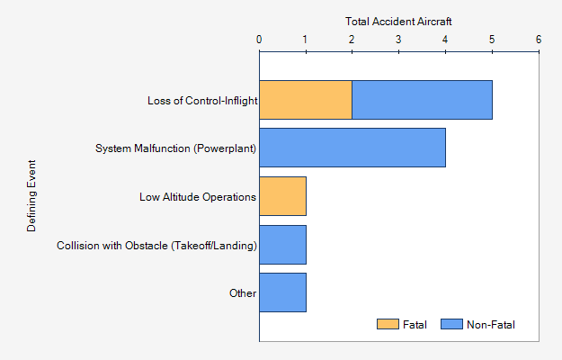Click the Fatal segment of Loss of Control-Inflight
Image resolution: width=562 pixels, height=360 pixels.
coord(306,100)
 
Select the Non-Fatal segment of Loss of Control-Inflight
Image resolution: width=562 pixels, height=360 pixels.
coord(422,100)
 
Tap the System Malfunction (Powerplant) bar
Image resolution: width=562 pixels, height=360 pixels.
coord(352,148)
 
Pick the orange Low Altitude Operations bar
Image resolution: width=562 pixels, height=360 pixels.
coord(282,196)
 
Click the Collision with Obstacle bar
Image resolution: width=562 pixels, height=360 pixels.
coord(282,245)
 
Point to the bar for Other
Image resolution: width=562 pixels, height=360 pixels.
coord(282,292)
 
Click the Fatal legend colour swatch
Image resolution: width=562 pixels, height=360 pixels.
coord(387,324)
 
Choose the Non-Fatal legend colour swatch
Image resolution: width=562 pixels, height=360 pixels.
coord(451,324)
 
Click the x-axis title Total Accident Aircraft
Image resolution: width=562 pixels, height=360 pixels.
coord(398,20)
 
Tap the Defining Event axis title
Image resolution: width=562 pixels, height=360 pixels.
coord(32,196)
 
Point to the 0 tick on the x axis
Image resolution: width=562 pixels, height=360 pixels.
coord(259,40)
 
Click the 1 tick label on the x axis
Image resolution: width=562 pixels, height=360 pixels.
coord(306,40)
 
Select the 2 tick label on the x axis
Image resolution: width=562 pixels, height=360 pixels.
coord(352,40)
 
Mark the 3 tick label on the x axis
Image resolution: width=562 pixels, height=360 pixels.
coord(398,40)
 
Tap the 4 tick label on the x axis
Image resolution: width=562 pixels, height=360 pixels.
coord(445,40)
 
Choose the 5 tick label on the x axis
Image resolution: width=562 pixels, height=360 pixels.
coord(492,40)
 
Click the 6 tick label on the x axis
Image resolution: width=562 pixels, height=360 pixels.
coord(538,40)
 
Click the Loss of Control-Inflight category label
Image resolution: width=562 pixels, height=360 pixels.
coord(202,100)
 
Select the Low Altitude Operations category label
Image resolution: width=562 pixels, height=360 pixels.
coord(198,196)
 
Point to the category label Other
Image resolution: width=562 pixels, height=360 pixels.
coord(243,292)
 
